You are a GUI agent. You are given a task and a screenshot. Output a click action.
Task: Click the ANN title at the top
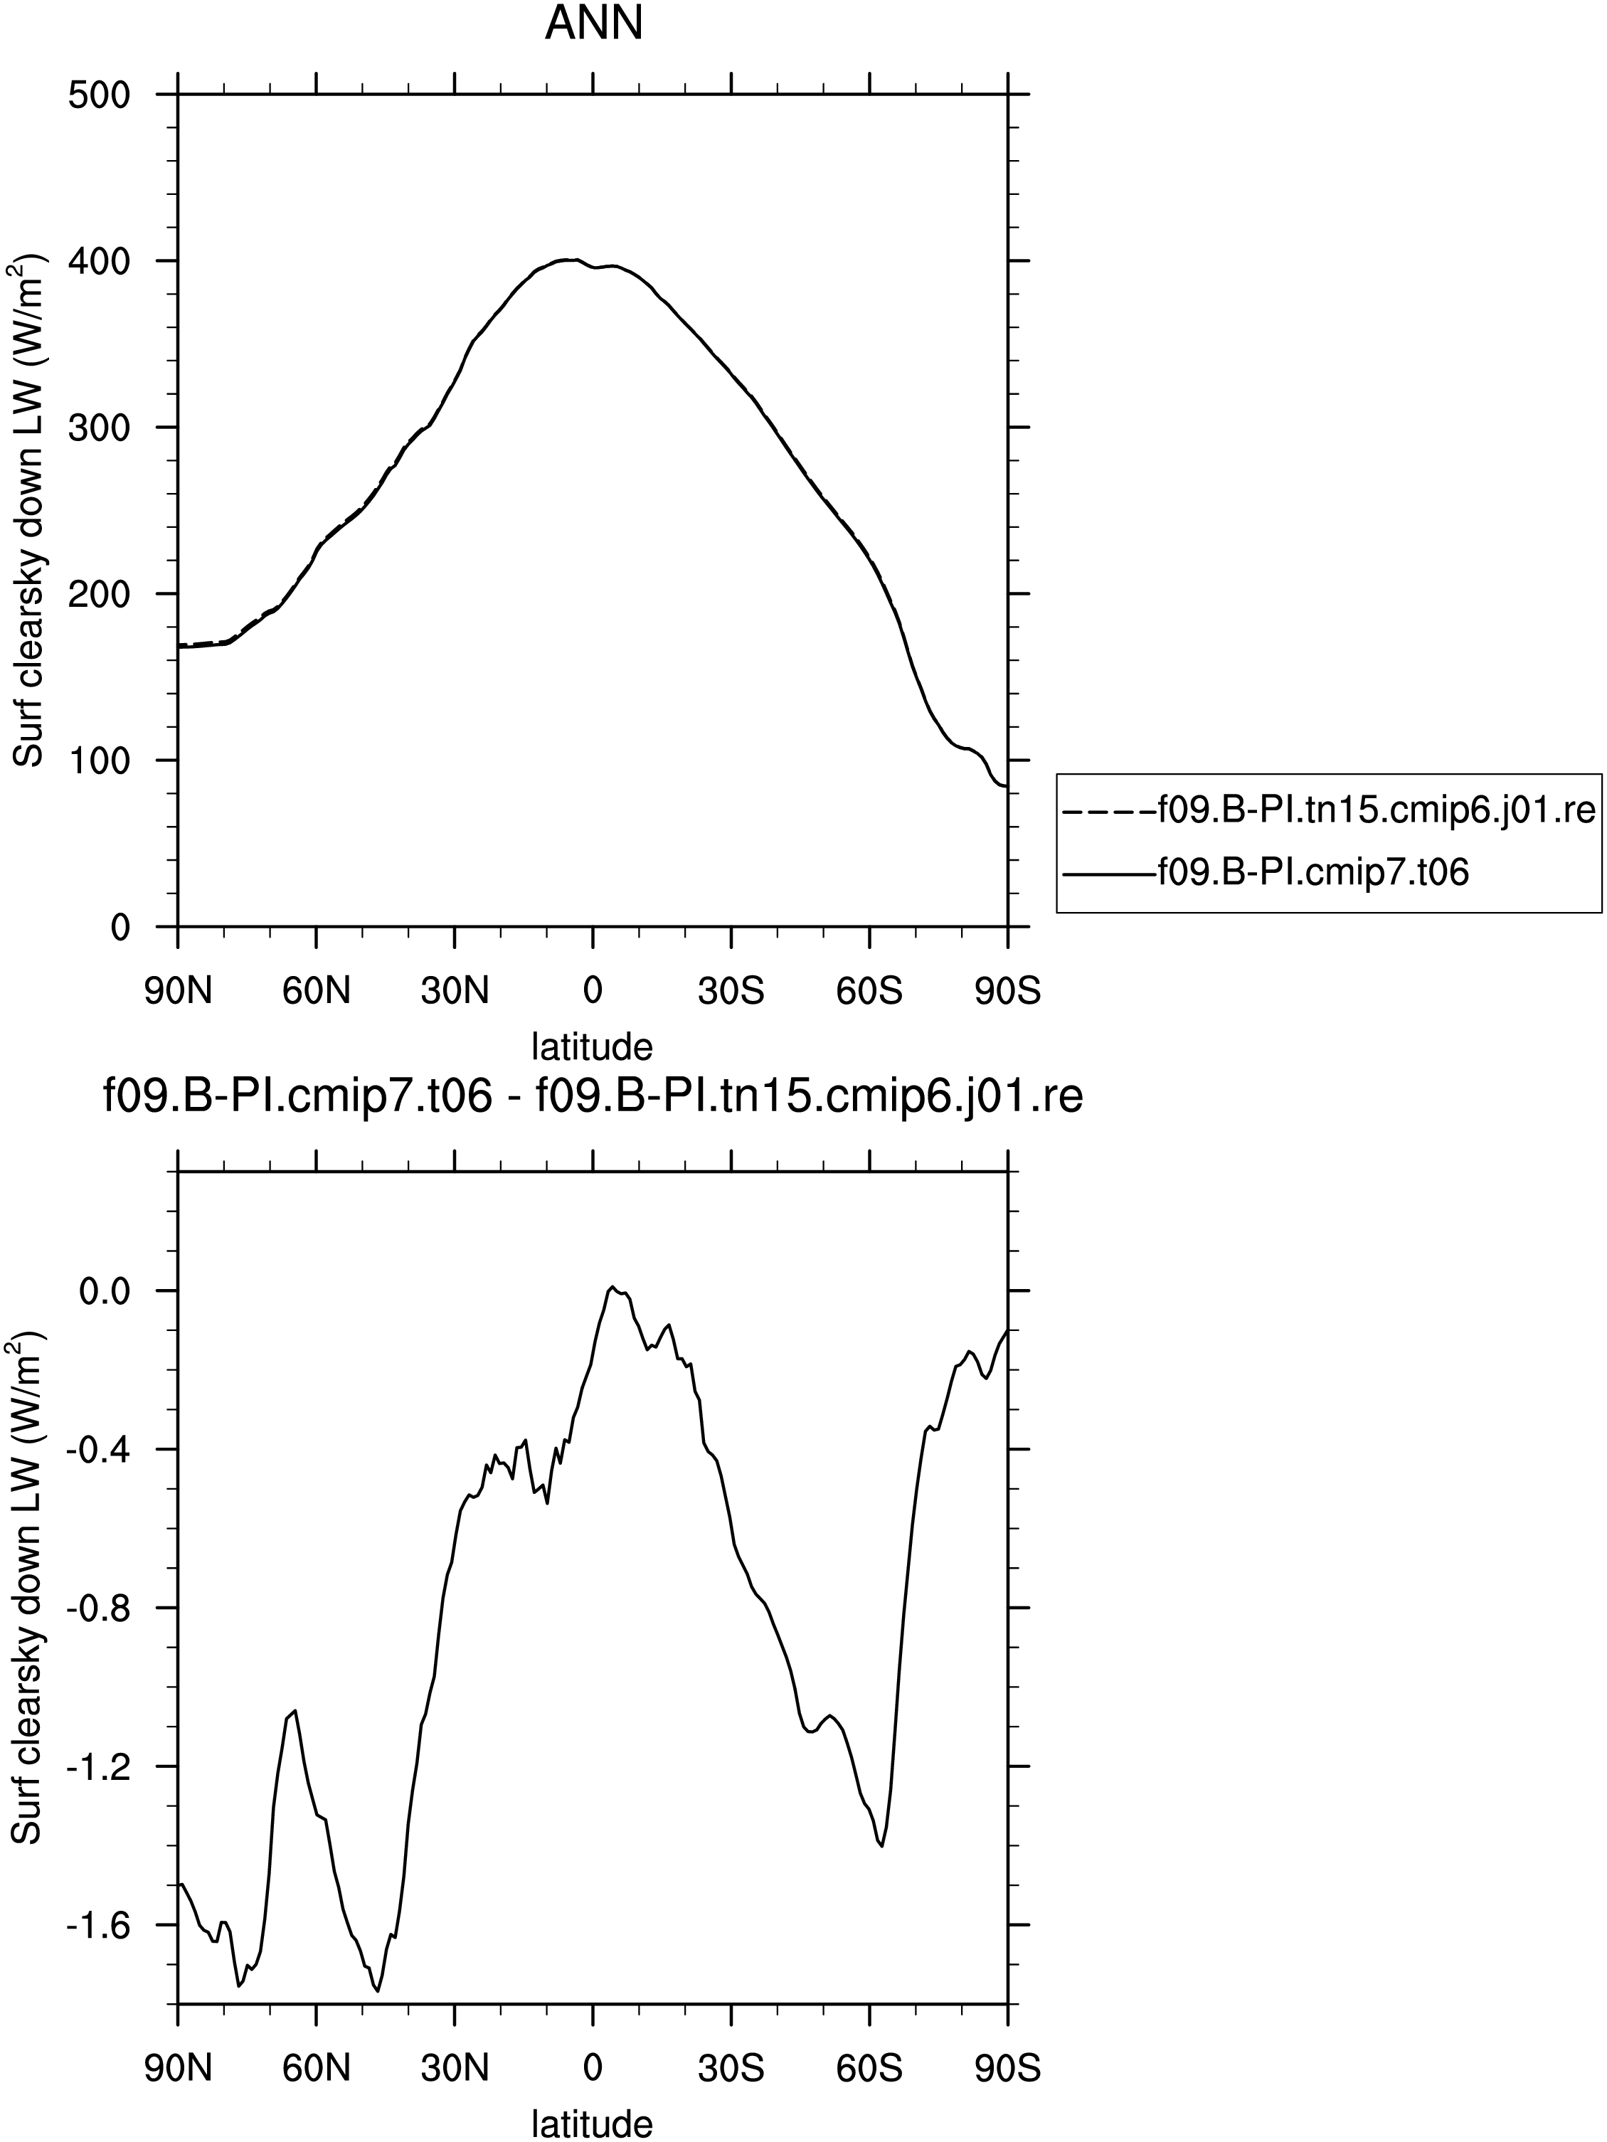tap(593, 23)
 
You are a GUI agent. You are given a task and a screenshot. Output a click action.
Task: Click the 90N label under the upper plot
tap(178, 992)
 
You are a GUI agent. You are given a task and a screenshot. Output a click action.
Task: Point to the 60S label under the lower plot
tap(870, 2069)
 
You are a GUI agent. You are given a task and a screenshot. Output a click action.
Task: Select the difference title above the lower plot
tap(593, 1098)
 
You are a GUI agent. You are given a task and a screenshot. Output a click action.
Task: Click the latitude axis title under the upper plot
tap(593, 1046)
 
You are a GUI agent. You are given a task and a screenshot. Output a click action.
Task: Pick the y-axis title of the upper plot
tap(30, 510)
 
